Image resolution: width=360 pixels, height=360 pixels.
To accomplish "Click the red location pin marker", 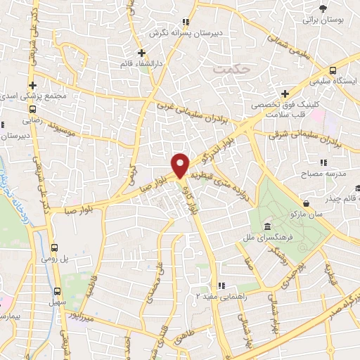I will [x=181, y=165].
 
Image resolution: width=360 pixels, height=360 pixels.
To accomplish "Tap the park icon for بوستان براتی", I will [x=323, y=8].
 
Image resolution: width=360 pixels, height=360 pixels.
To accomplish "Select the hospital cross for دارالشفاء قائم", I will [x=141, y=53].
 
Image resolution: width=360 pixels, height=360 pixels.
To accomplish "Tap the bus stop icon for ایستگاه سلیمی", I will [x=333, y=70].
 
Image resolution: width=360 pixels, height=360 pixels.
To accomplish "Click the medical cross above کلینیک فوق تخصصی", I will [x=284, y=94].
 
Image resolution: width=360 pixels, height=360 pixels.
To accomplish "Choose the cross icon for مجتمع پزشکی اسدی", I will [x=32, y=84].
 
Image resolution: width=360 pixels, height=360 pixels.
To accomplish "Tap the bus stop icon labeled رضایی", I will [x=32, y=109].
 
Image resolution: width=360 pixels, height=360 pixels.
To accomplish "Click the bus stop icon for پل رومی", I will [x=55, y=247].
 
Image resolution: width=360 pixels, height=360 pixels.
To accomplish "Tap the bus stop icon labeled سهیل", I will [x=58, y=290].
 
